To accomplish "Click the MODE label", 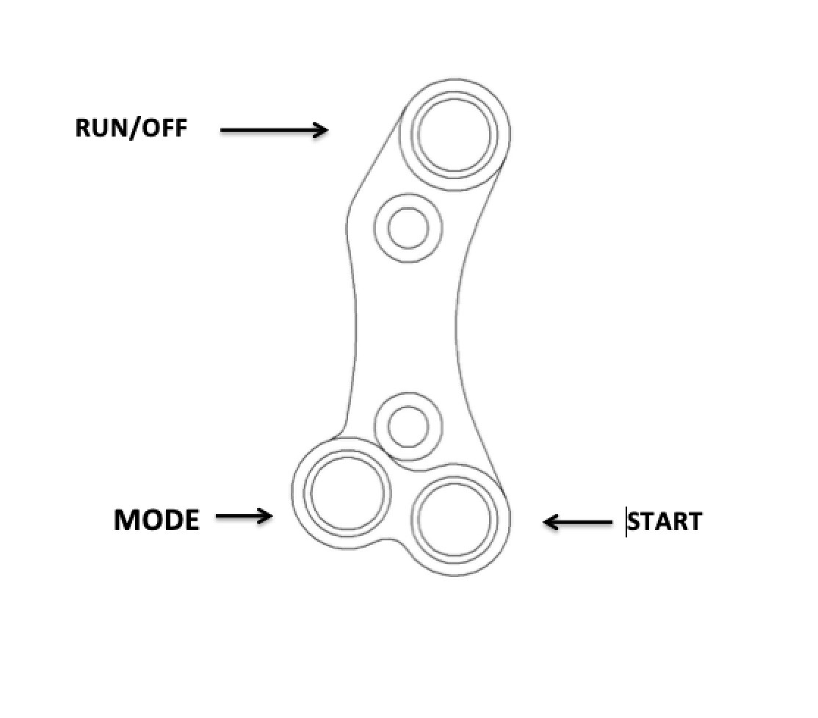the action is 156,520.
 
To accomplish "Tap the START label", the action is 665,522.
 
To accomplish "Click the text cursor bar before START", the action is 626,521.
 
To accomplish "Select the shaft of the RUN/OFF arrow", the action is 267,131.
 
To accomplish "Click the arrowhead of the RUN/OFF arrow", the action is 320,131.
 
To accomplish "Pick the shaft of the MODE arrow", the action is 238,517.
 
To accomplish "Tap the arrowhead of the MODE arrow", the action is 265,517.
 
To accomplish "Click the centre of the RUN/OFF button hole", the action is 455,135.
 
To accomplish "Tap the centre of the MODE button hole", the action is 347,493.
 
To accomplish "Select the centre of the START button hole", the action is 455,519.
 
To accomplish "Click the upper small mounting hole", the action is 408,228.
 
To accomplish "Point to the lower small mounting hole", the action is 408,427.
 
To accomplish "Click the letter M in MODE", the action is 126,520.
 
